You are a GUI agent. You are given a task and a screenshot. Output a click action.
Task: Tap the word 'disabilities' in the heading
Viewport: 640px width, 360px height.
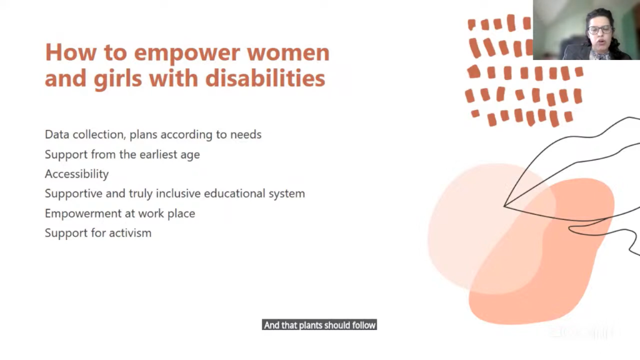pos(265,77)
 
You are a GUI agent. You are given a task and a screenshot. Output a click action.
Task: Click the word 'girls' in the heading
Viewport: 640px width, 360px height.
pos(117,79)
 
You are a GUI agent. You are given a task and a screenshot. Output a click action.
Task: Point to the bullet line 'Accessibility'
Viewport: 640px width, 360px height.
pos(77,174)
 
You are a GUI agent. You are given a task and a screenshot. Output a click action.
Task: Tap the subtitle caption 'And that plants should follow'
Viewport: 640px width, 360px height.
pos(319,325)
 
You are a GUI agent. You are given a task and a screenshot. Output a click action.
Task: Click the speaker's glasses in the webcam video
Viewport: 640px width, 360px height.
pos(599,29)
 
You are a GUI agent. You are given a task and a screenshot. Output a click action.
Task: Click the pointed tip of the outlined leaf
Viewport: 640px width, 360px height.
pos(504,206)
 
